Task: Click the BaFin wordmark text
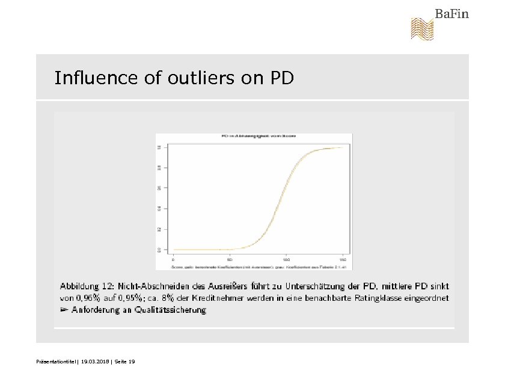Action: click(x=451, y=13)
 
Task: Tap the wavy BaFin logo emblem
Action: click(x=421, y=29)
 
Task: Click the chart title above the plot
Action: click(x=253, y=137)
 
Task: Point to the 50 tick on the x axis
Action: click(x=229, y=259)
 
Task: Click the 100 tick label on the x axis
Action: click(x=286, y=259)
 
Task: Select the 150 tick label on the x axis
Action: click(x=343, y=259)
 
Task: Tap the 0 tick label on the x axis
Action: click(x=173, y=259)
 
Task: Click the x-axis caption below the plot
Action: click(x=253, y=266)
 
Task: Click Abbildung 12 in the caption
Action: click(x=88, y=286)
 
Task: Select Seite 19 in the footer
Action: click(x=124, y=361)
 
